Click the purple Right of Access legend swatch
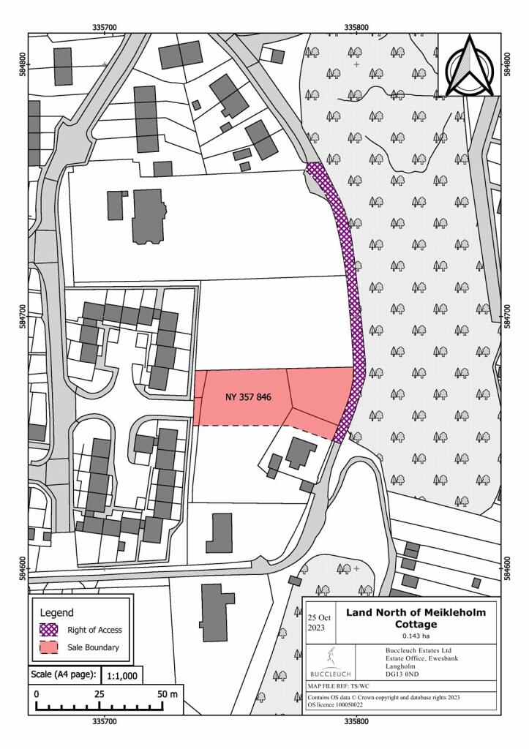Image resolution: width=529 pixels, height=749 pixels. click(51, 629)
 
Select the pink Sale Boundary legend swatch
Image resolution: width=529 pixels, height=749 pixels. click(51, 647)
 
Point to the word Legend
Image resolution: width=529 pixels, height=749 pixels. click(56, 611)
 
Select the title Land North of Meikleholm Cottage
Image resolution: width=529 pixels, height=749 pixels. click(416, 617)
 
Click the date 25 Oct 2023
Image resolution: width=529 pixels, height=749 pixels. click(319, 617)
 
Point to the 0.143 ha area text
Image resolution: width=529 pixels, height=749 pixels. click(415, 636)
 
